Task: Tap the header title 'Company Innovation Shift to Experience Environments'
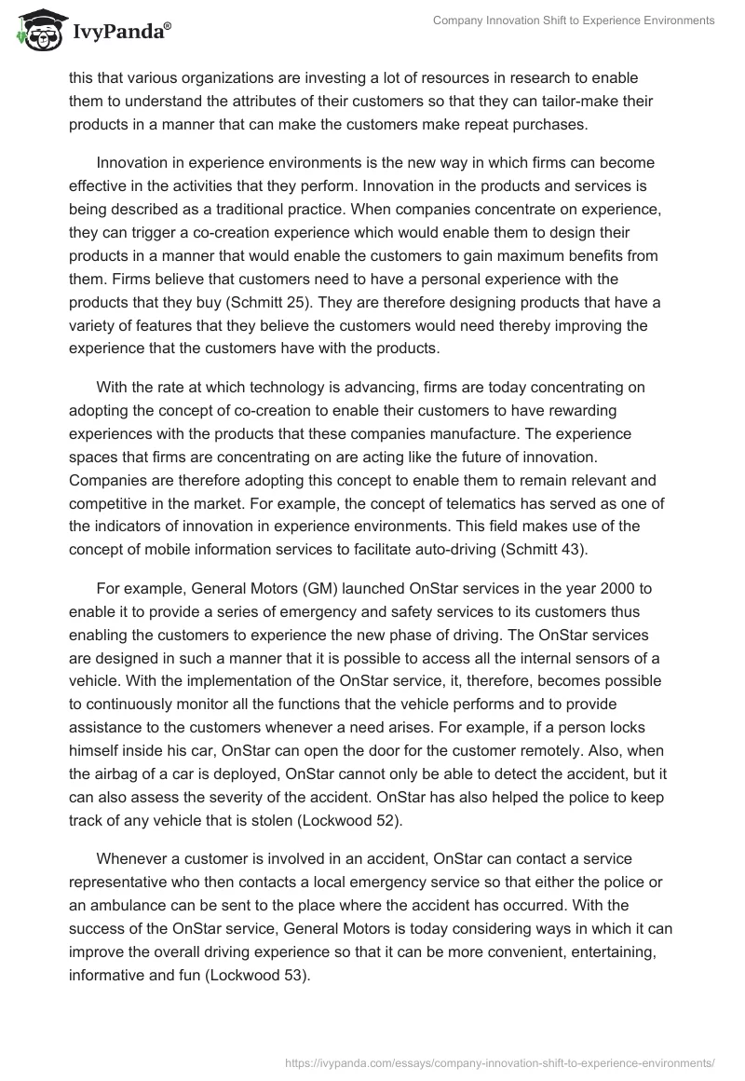pyautogui.click(x=575, y=20)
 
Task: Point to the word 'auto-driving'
pyautogui.click(x=448, y=550)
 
